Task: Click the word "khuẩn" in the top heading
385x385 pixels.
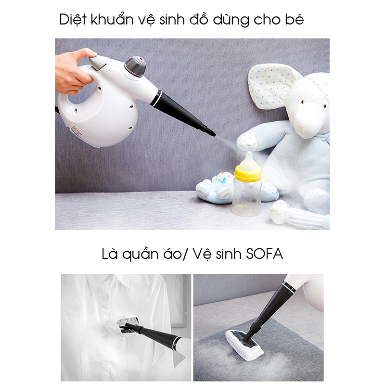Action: pos(112,19)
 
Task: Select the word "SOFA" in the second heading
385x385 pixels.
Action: pos(264,254)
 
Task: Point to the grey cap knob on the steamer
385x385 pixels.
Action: pos(135,66)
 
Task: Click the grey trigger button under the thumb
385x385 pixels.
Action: pos(99,63)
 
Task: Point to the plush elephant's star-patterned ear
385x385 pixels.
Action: pos(271,84)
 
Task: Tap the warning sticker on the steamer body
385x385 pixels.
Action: pos(76,131)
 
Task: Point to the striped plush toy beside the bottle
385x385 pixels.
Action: pos(299,214)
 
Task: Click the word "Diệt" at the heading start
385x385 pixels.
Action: pos(73,19)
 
